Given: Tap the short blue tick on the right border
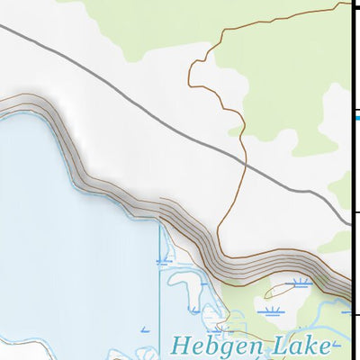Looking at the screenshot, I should point(355,117).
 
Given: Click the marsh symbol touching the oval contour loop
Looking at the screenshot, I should point(301,283).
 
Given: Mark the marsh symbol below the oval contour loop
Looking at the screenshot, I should point(270,311).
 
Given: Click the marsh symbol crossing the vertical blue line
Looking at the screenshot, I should point(163,262).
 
